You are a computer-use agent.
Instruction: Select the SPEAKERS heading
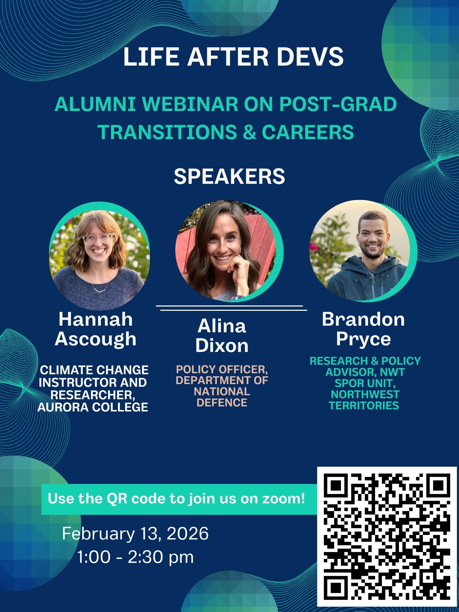click(x=229, y=177)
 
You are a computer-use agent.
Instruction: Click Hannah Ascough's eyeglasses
click(x=99, y=239)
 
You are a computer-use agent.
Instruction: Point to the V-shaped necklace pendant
click(x=99, y=290)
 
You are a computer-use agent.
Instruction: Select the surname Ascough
click(x=95, y=339)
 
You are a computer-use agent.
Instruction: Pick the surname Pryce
click(x=363, y=339)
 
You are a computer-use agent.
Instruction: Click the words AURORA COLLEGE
click(x=93, y=407)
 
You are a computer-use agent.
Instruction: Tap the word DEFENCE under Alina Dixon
click(x=222, y=403)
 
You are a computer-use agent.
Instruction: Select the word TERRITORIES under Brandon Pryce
click(x=364, y=405)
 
